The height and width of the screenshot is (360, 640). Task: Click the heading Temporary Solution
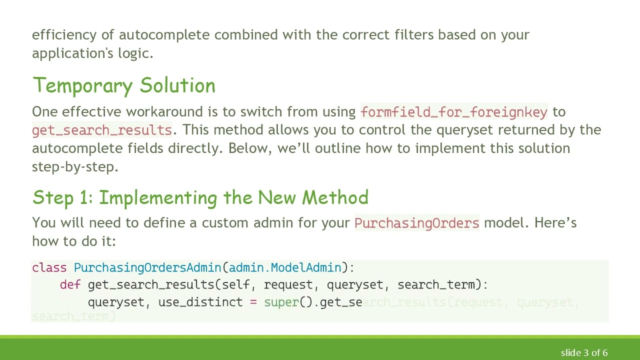[123, 85]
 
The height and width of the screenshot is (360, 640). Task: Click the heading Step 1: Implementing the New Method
[200, 197]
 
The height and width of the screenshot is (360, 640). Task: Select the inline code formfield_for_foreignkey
[453, 111]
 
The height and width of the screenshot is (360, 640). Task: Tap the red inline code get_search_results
[102, 130]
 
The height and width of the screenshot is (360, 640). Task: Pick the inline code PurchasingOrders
[416, 222]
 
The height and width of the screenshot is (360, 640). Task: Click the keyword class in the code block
[49, 267]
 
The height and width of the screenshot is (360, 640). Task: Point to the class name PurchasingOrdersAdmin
[147, 267]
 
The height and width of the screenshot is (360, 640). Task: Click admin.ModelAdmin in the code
[285, 267]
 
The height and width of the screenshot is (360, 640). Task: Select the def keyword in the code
[70, 284]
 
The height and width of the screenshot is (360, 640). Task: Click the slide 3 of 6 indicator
[584, 352]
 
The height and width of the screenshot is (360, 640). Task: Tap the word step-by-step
[75, 166]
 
